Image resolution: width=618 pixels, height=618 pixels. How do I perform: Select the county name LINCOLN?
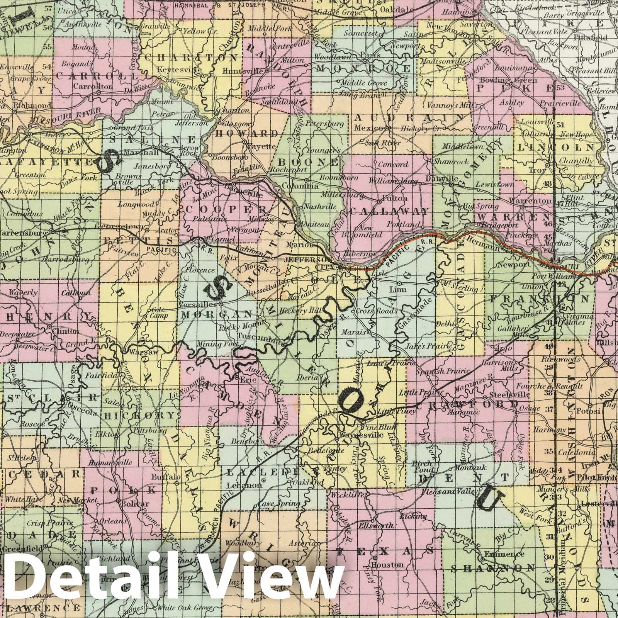(556, 147)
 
